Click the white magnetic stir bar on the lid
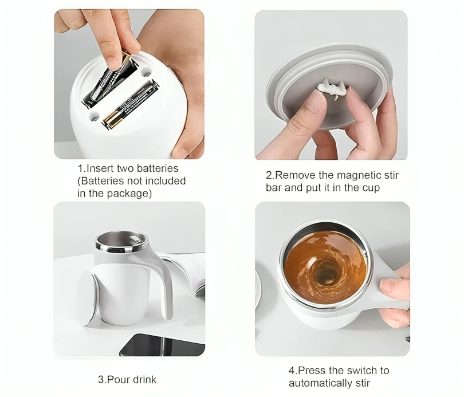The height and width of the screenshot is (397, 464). [x=332, y=88]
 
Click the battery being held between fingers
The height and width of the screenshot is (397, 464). [x=109, y=76]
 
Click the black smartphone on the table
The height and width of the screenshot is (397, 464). [x=162, y=345]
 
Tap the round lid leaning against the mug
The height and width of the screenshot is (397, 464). [x=88, y=298]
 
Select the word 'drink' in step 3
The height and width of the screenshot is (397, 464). [x=144, y=380]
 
